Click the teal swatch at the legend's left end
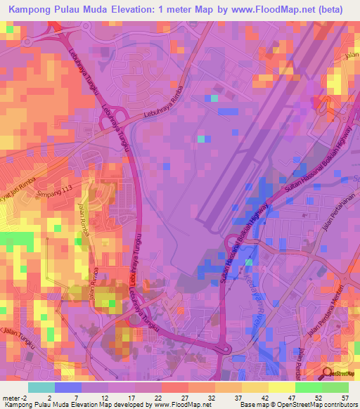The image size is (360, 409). [41, 387]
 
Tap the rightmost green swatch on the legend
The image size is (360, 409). [335, 387]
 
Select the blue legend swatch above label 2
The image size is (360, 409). [68, 387]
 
